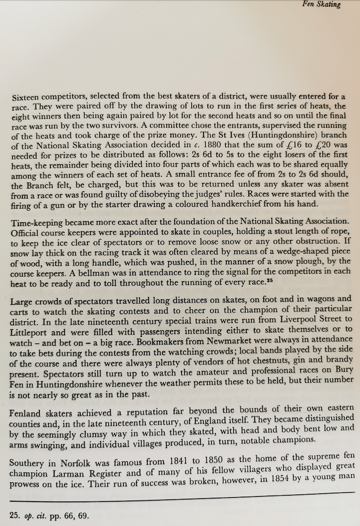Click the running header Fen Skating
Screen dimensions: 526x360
coord(322,5)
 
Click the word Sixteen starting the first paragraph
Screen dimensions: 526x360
coord(27,97)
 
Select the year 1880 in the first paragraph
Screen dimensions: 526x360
coord(210,146)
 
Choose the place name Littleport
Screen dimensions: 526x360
coord(30,331)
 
